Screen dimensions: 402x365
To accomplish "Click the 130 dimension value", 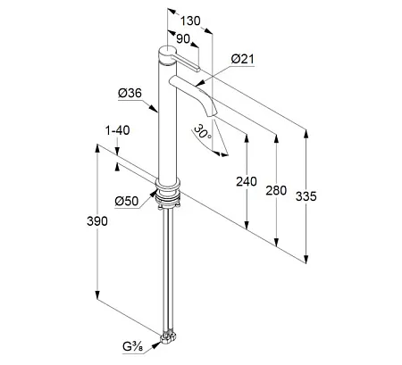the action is tap(190, 21).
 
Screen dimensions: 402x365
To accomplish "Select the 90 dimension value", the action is tap(183, 38).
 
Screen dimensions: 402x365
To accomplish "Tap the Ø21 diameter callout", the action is tap(243, 59).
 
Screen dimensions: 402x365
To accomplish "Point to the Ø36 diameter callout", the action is tap(130, 94).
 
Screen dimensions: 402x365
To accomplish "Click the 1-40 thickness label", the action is tap(117, 130).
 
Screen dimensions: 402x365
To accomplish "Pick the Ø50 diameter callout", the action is tap(127, 201).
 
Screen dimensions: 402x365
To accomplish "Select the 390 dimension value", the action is tap(97, 221).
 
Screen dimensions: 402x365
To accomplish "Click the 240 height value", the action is tap(247, 181).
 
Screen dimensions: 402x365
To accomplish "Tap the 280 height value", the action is tap(276, 190).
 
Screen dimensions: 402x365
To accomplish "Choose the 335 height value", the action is tap(306, 196).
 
